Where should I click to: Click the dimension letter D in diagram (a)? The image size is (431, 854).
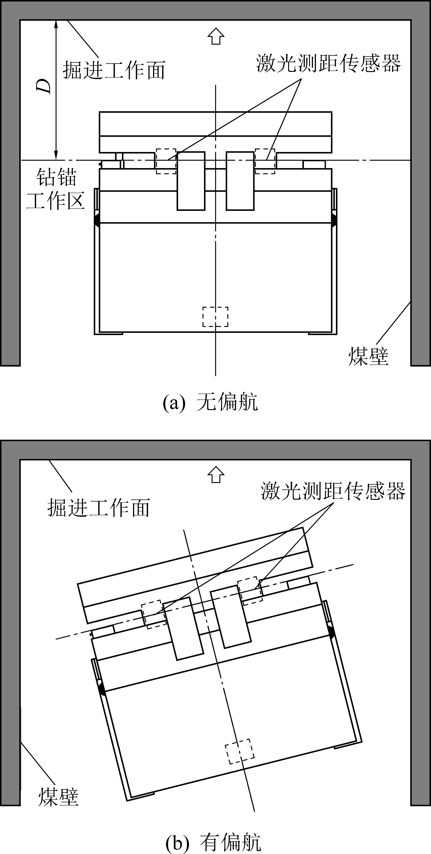[44, 86]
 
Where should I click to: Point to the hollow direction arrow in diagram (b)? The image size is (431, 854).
[216, 475]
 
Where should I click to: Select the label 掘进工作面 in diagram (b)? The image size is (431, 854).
[99, 508]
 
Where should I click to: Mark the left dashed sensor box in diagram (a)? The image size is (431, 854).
[166, 161]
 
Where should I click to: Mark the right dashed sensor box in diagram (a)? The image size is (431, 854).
[265, 161]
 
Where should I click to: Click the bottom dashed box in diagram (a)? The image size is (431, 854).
[215, 317]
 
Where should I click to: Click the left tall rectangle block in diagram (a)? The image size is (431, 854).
[191, 181]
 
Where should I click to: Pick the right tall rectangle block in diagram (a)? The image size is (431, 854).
[240, 181]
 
